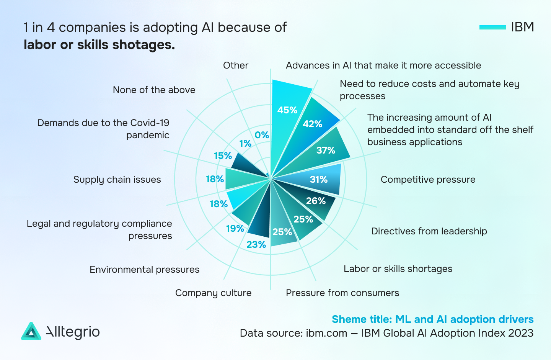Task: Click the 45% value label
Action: click(x=287, y=110)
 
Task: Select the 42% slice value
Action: click(x=312, y=124)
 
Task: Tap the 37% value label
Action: click(x=326, y=150)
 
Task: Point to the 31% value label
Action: click(x=318, y=179)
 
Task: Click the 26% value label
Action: click(x=316, y=201)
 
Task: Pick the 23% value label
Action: click(x=256, y=245)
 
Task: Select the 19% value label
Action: click(x=235, y=229)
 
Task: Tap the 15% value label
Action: click(x=223, y=156)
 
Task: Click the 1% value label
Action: click(x=245, y=144)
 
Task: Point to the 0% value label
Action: click(x=262, y=135)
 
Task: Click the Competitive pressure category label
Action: click(x=428, y=180)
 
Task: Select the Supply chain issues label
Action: click(x=117, y=180)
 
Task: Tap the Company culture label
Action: click(x=213, y=293)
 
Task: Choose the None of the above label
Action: click(x=154, y=90)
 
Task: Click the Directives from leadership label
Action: click(x=429, y=231)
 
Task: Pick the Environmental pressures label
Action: click(x=144, y=270)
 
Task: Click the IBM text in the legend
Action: click(x=522, y=27)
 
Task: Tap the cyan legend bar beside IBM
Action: click(x=492, y=27)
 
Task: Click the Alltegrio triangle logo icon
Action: click(x=31, y=331)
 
